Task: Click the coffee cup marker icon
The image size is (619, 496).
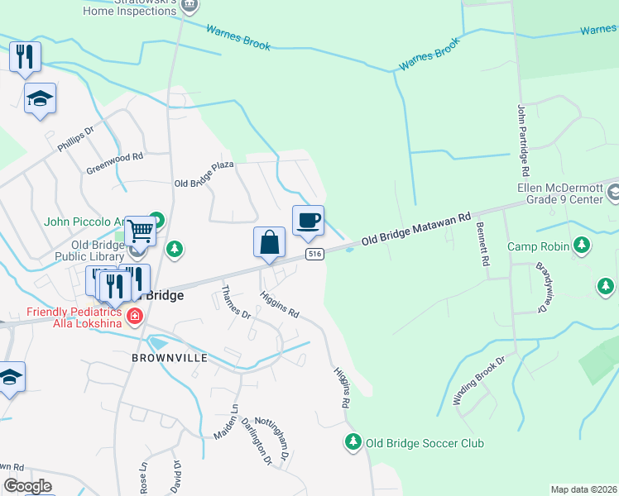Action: (x=308, y=220)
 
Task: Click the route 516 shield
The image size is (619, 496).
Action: (x=313, y=254)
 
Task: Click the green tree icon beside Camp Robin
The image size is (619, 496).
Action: (x=582, y=246)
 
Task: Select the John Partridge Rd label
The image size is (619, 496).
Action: (x=523, y=140)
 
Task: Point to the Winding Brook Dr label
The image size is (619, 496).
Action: (x=478, y=380)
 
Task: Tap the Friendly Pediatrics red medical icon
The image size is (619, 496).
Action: (x=134, y=316)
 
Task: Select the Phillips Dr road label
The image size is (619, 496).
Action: (x=76, y=138)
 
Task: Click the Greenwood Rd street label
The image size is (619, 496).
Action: (x=115, y=163)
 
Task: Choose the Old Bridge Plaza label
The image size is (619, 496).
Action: (x=204, y=174)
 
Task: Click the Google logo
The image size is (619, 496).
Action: (x=27, y=486)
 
